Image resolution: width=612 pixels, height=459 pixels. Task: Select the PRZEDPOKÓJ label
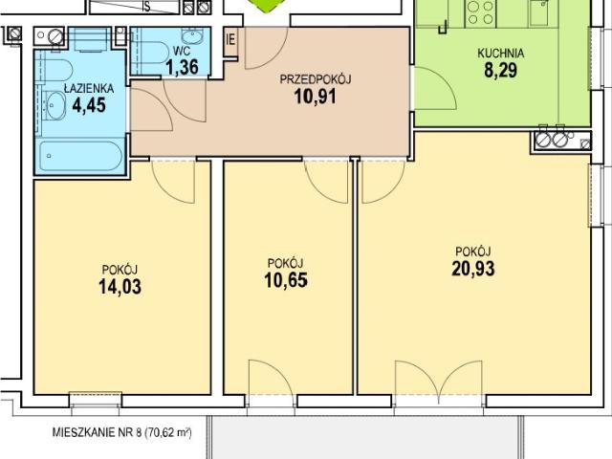pyautogui.click(x=316, y=79)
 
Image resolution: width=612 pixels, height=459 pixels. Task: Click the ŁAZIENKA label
pyautogui.click(x=89, y=88)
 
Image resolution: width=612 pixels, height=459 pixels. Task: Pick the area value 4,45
pyautogui.click(x=89, y=105)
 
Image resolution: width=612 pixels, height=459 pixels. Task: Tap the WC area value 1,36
pyautogui.click(x=182, y=67)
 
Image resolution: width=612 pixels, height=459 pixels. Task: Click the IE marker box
pyautogui.click(x=230, y=40)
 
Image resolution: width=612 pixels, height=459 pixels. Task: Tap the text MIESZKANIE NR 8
pyautogui.click(x=96, y=433)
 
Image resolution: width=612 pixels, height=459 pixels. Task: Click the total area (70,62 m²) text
pyautogui.click(x=168, y=433)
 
